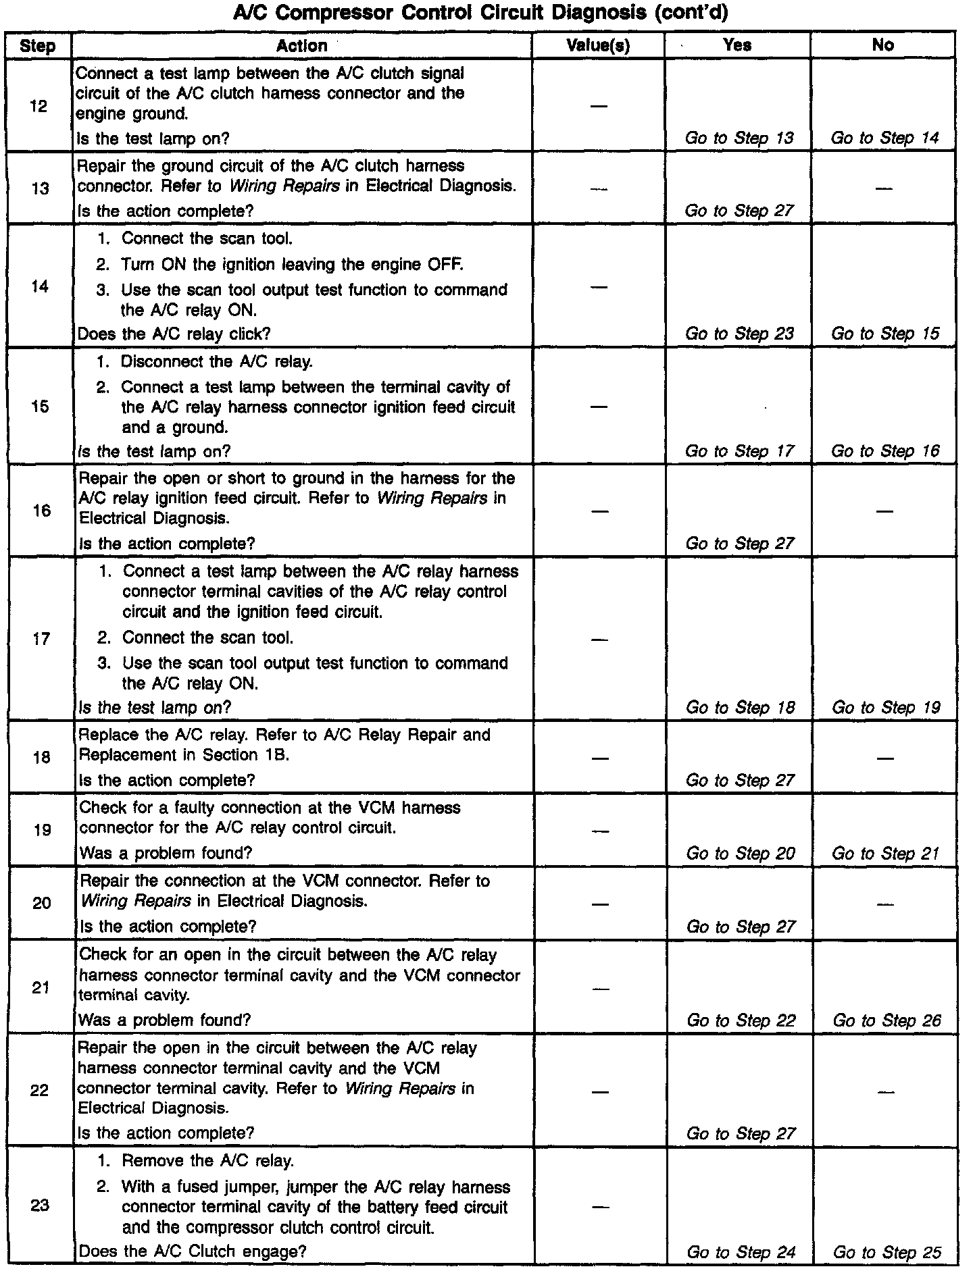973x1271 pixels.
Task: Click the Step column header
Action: tap(38, 46)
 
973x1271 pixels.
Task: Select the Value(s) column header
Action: tap(598, 45)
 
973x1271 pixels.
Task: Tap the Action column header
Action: tap(302, 45)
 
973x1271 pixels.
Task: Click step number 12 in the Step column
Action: tap(39, 106)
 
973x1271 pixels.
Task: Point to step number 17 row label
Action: tap(41, 638)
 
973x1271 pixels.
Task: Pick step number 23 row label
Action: tap(41, 1205)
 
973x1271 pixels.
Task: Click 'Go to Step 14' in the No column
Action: tap(884, 138)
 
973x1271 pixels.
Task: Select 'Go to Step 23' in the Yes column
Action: tap(739, 334)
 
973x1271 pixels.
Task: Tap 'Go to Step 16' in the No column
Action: tap(884, 451)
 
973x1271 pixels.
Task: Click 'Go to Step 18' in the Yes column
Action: tap(740, 708)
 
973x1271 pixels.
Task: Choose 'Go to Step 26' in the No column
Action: tap(886, 1020)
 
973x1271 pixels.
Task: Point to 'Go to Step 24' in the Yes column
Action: tap(741, 1252)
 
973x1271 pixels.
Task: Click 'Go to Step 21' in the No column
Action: tap(885, 854)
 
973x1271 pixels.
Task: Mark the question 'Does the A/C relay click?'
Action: tap(174, 334)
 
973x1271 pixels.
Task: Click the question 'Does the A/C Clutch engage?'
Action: tap(193, 1251)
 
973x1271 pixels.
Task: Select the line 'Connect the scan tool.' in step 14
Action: tap(207, 238)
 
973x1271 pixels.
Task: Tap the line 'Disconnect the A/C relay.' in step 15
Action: tap(216, 361)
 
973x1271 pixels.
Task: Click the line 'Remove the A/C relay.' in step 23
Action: tap(207, 1161)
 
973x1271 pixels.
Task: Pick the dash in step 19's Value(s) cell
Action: tap(599, 831)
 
